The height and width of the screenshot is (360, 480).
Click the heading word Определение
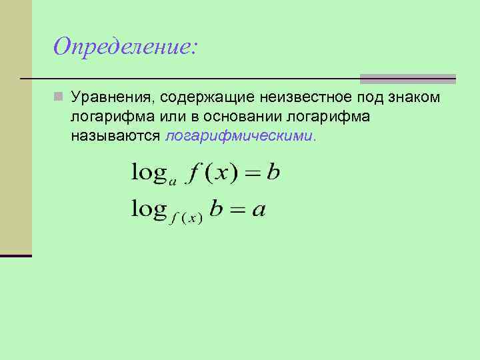click(125, 47)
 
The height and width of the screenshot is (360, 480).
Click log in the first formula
click(149, 173)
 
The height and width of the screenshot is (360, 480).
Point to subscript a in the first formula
click(173, 180)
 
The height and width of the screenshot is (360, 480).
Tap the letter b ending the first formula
click(273, 173)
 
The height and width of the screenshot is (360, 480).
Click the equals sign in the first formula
click(251, 174)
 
